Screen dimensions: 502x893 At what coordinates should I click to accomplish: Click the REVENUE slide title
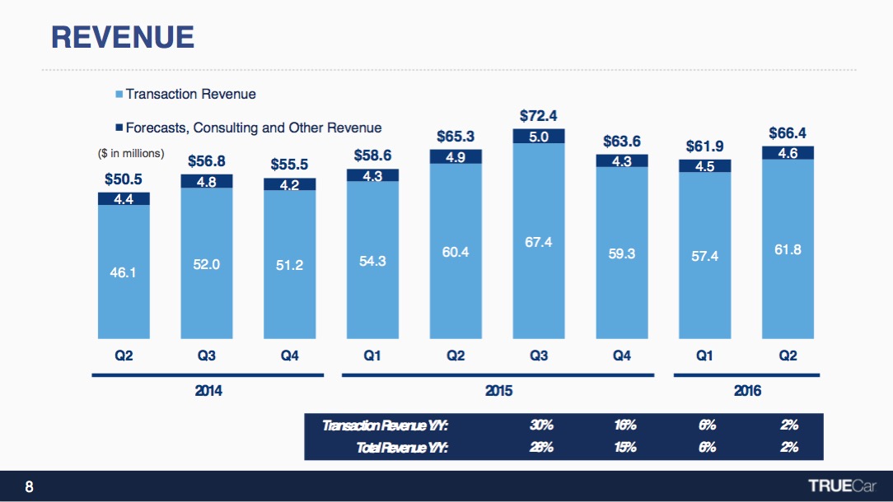coord(122,36)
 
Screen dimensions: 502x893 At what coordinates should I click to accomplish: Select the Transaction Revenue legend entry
coord(190,94)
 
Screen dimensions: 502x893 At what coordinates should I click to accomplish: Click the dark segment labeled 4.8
coord(207,181)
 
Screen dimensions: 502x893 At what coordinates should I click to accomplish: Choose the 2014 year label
coord(208,392)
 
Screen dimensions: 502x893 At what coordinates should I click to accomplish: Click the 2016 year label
coord(747,392)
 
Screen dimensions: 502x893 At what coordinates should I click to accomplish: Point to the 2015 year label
coord(498,392)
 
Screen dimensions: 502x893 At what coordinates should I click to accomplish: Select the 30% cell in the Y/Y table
coord(541,425)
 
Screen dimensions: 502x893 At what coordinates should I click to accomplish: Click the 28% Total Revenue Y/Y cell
coord(541,448)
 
